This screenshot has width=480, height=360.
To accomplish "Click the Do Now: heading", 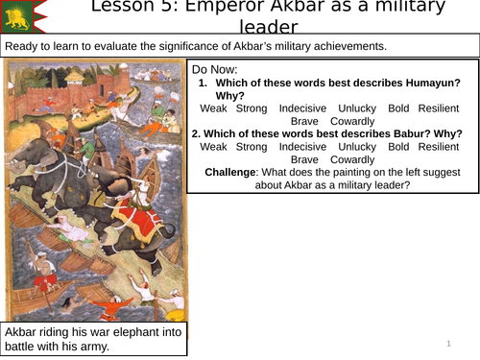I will [220, 70].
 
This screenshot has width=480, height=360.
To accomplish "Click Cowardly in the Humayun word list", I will [352, 121].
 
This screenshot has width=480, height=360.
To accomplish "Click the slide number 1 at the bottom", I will [448, 343].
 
